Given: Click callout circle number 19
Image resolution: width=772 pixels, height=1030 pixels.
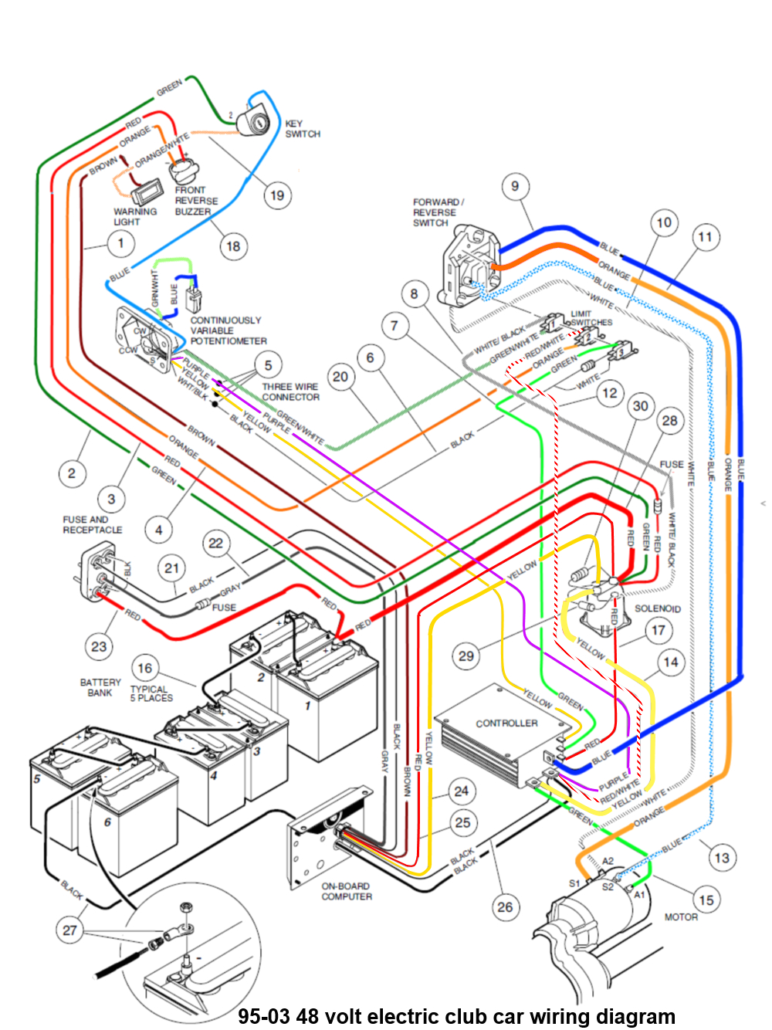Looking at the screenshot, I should (x=276, y=195).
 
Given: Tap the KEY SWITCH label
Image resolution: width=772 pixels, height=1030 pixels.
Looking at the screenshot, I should (x=302, y=129).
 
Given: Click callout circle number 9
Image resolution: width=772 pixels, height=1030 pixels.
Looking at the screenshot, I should (x=515, y=186).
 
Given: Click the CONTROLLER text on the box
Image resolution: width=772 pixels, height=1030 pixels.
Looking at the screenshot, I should (x=506, y=723).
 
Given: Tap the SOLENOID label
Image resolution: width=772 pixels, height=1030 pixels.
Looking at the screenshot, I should (x=657, y=608).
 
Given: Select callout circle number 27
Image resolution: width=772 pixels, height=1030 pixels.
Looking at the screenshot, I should (x=70, y=930).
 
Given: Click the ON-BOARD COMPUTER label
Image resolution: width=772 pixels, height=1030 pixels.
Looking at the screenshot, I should (x=347, y=891).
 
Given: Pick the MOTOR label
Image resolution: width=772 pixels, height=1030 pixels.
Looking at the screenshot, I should (x=680, y=917).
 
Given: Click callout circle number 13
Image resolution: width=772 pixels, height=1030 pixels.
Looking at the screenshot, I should (x=721, y=858).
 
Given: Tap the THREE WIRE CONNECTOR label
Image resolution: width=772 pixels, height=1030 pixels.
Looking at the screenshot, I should (x=290, y=392).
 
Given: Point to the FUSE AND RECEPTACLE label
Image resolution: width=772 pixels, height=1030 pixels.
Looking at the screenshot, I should (x=92, y=525).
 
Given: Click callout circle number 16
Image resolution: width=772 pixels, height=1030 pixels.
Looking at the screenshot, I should (x=145, y=668).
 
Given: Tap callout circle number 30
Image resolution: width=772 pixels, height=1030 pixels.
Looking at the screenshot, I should (x=641, y=406).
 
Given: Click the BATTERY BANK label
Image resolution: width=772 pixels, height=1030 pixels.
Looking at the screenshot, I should (x=100, y=687).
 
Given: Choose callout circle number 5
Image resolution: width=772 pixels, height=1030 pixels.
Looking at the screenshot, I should (x=268, y=365).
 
